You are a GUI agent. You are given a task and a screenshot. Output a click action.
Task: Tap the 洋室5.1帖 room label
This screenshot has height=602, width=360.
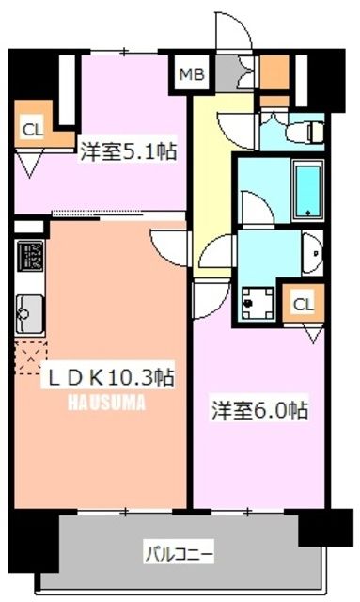pos(129,150)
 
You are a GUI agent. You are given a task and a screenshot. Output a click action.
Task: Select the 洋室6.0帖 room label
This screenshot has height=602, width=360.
pos(259,411)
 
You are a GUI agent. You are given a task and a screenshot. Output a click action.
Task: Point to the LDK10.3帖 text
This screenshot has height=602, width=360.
pos(110,376)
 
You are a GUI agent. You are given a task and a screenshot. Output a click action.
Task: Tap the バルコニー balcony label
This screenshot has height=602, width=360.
pos(178,550)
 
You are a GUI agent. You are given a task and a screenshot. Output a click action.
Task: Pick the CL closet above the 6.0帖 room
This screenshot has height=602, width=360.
pos(303,303)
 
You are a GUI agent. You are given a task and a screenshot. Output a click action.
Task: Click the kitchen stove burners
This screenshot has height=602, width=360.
pos(29,257)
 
